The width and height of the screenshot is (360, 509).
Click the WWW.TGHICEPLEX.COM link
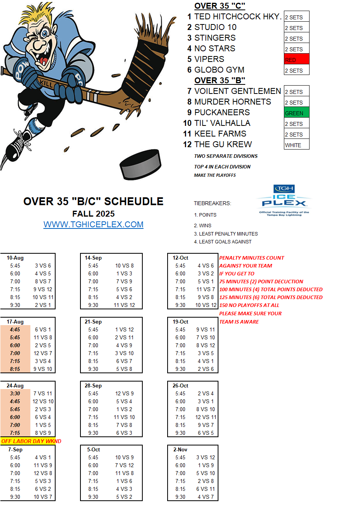93,225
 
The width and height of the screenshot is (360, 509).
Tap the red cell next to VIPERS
297,59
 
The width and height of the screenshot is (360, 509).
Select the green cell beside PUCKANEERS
297,112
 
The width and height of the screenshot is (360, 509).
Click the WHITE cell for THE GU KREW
297,145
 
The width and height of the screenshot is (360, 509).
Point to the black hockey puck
140,163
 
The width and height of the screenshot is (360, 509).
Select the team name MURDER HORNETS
233,102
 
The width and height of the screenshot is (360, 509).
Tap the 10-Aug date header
15,258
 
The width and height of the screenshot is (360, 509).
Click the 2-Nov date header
180,449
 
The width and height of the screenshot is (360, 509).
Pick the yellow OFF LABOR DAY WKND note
31,441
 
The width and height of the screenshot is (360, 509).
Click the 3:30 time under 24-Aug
15,393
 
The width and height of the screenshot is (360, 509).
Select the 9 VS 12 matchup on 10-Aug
43,289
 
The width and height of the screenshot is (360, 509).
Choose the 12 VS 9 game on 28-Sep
124,393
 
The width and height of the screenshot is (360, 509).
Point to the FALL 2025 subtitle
93,213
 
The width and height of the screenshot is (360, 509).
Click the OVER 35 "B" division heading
220,80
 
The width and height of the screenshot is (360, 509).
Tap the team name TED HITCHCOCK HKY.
238,17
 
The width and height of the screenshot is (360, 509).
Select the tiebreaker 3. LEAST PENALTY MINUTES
226,234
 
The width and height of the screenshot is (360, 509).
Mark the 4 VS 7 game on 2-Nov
206,497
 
